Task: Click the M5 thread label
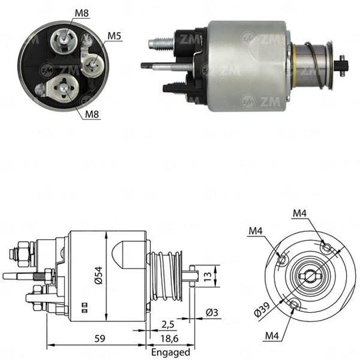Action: pyautogui.click(x=115, y=36)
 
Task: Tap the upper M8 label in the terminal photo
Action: pyautogui.click(x=82, y=13)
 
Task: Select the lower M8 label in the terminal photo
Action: pyautogui.click(x=92, y=114)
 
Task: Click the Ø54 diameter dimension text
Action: pyautogui.click(x=99, y=275)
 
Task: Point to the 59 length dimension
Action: pyautogui.click(x=100, y=338)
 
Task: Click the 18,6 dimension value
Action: pyautogui.click(x=169, y=339)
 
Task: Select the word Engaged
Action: pyautogui.click(x=171, y=353)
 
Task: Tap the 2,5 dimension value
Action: pyautogui.click(x=167, y=325)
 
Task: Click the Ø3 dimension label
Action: pyautogui.click(x=212, y=312)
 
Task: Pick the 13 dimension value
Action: pyautogui.click(x=207, y=276)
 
